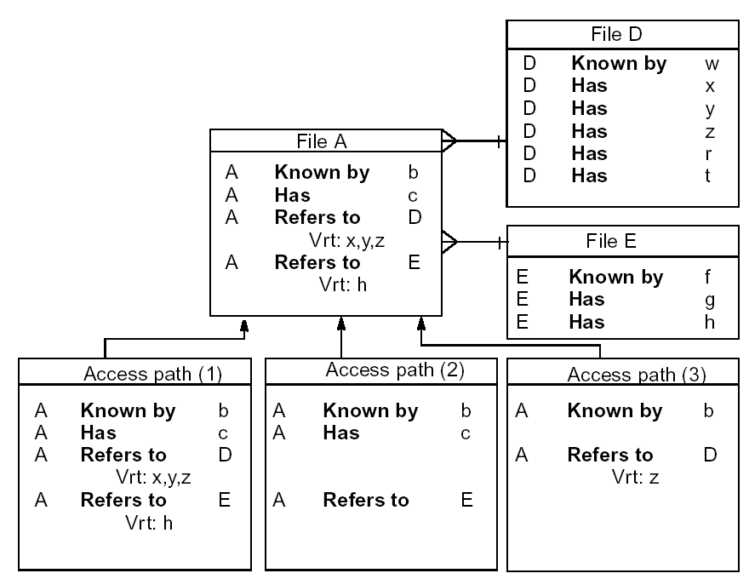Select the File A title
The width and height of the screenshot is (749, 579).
pos(327,141)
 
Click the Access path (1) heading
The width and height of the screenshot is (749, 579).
pos(134,373)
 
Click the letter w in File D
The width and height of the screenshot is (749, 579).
pos(712,64)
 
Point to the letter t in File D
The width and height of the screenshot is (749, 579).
pos(707,176)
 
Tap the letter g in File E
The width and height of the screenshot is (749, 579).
pos(709,300)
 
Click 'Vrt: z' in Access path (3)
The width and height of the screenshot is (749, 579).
pos(635,477)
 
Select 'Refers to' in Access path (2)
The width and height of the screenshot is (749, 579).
pos(366,500)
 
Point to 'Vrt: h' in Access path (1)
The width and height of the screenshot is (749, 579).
pos(148,522)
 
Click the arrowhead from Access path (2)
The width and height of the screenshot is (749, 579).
pos(341,323)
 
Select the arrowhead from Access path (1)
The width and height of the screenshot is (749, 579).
pos(244,324)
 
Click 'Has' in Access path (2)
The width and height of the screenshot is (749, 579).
pos(340,433)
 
